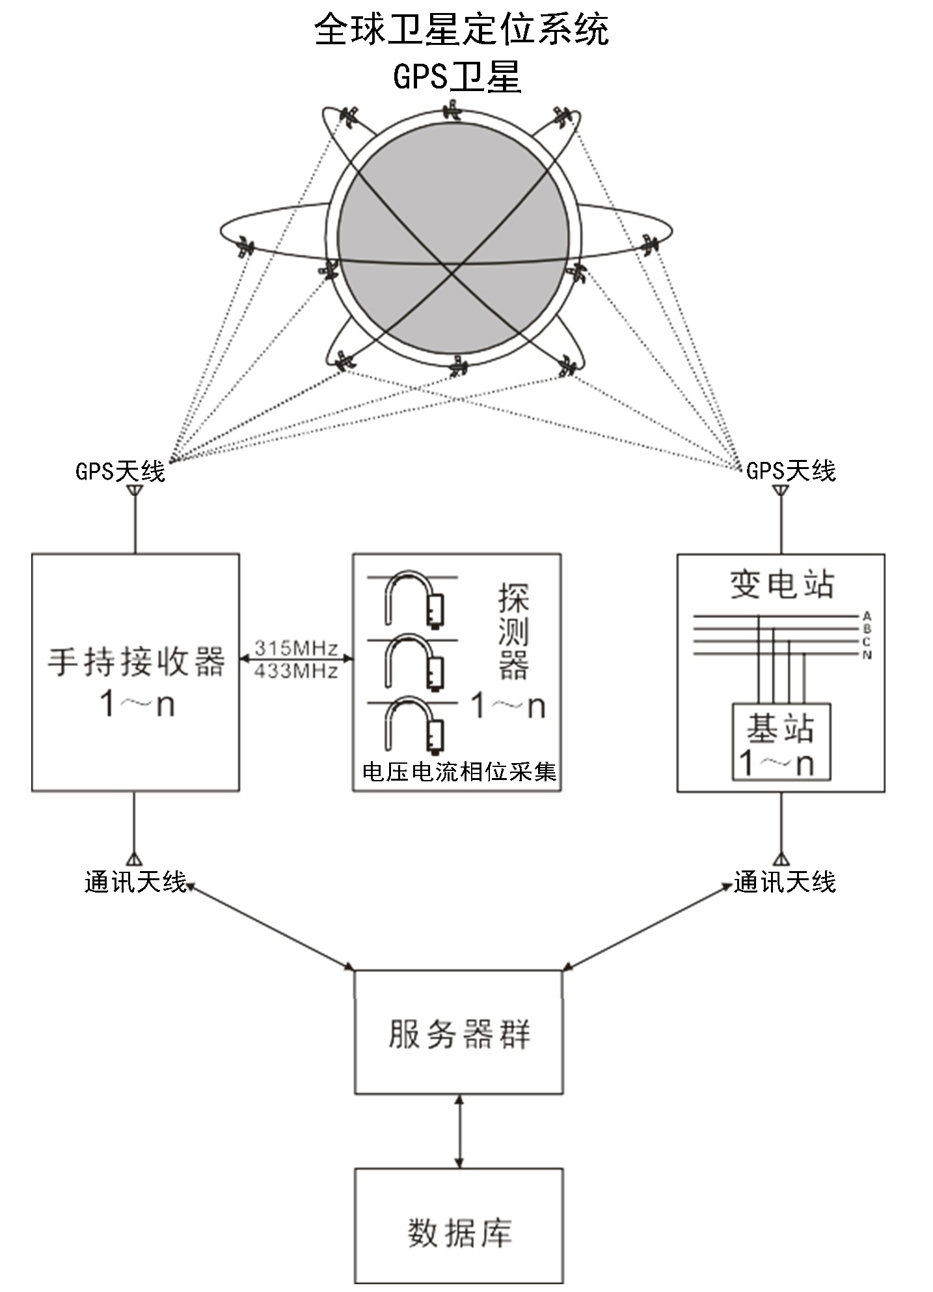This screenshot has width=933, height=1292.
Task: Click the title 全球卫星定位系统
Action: point(461,30)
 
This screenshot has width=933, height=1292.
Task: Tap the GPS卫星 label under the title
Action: point(457,77)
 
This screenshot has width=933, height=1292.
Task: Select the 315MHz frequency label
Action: point(296,648)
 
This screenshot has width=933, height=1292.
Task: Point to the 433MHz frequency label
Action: point(296,671)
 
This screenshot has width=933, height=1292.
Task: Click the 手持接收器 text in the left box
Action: point(136,662)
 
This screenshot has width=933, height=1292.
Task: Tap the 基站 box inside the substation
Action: point(781,742)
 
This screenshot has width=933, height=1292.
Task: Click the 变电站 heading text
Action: point(781,584)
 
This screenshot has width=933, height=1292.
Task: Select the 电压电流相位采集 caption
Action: point(459,772)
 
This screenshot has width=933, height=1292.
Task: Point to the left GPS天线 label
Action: point(120,471)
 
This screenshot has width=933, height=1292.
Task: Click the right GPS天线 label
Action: point(791,470)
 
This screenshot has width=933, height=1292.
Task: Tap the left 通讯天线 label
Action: point(135,883)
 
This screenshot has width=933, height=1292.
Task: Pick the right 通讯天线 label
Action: point(785,883)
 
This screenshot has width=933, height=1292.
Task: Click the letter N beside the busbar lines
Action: point(867,655)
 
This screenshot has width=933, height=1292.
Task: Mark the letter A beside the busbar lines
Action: point(867,616)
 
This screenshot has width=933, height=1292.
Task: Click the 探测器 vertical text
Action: point(513,631)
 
